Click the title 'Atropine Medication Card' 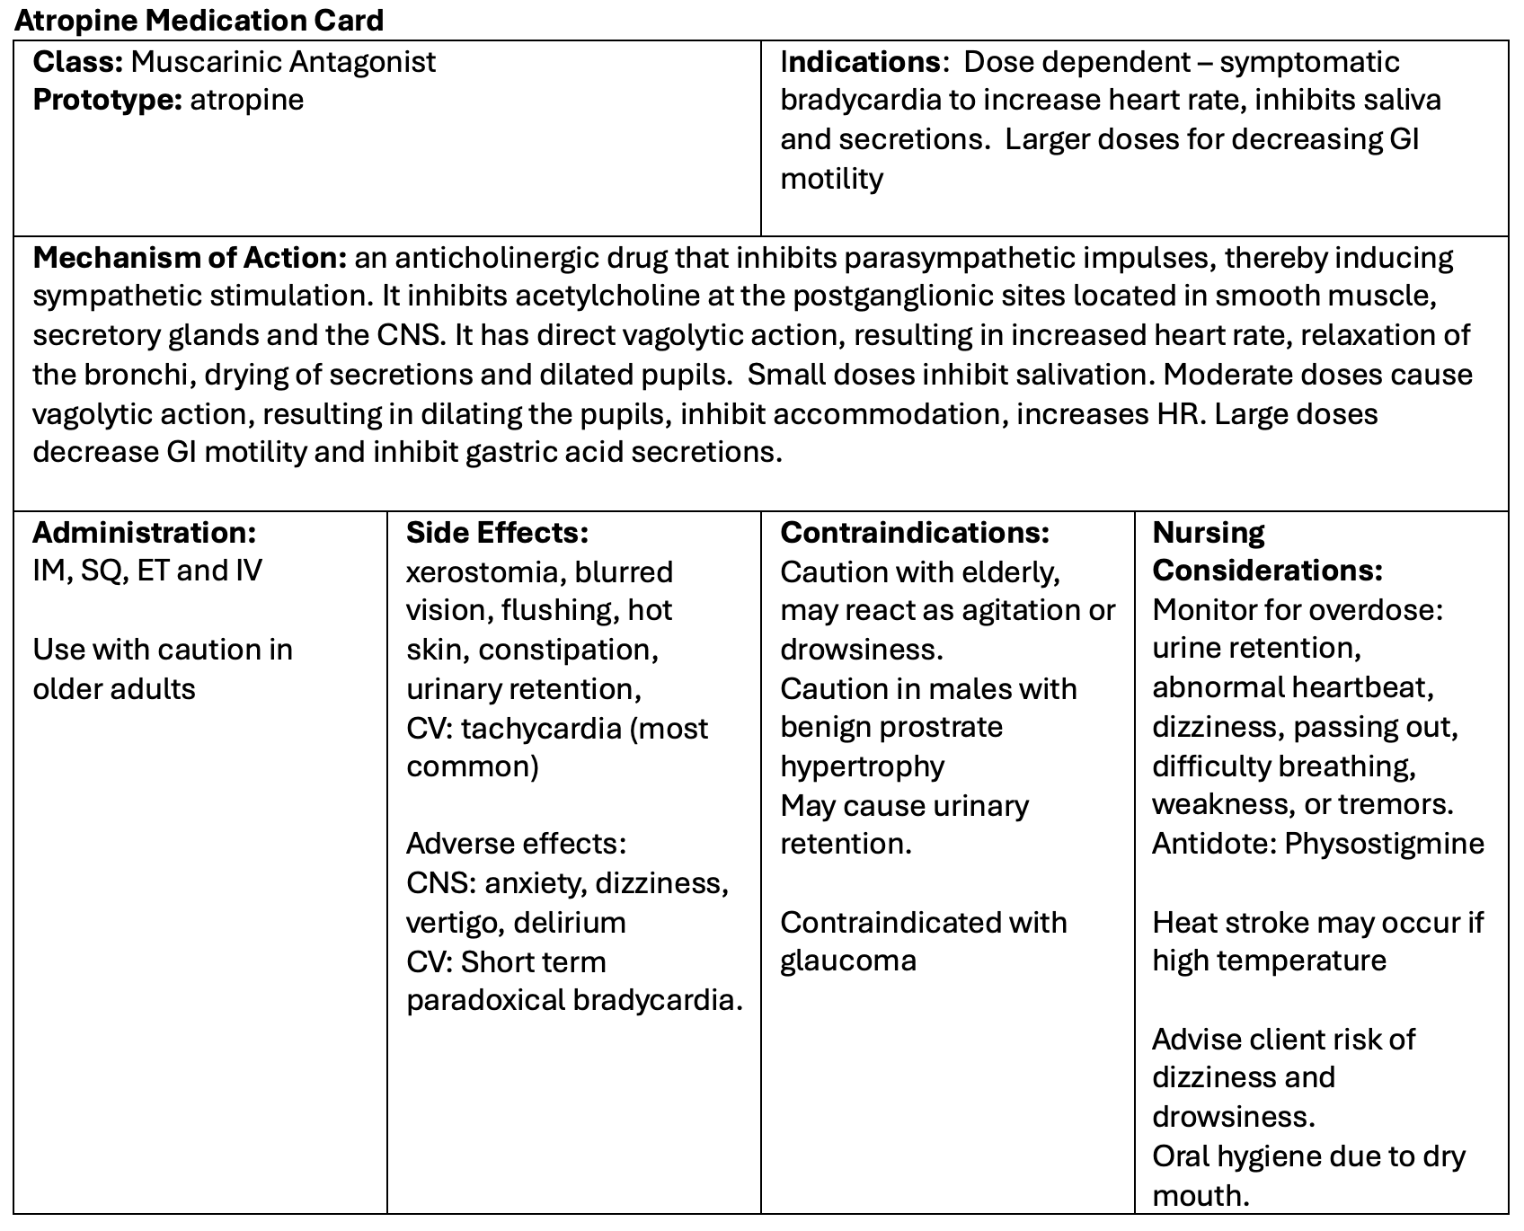(199, 20)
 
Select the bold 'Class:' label (77, 62)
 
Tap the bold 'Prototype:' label (107, 100)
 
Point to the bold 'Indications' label (860, 62)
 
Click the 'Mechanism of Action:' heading (190, 259)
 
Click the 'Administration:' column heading (145, 533)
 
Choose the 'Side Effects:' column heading (497, 533)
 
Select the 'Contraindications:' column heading (915, 533)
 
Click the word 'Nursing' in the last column (1209, 533)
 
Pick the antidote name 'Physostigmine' (1384, 844)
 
